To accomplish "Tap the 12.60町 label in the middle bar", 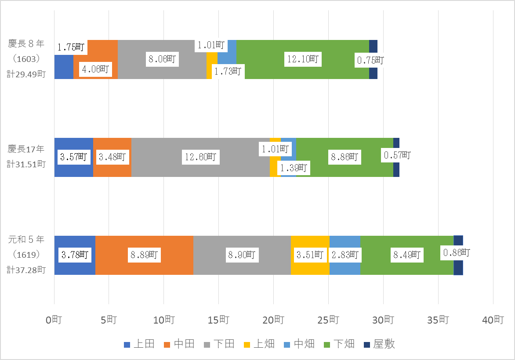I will pos(200,157).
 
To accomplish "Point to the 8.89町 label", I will pos(144,255).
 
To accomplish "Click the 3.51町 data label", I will pos(310,255).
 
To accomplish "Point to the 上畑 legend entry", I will pos(259,344).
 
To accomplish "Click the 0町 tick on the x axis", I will pos(54,320).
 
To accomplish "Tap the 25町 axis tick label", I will pos(329,320).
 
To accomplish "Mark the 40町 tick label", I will pos(493,320).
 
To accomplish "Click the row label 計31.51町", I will pos(26,164).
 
